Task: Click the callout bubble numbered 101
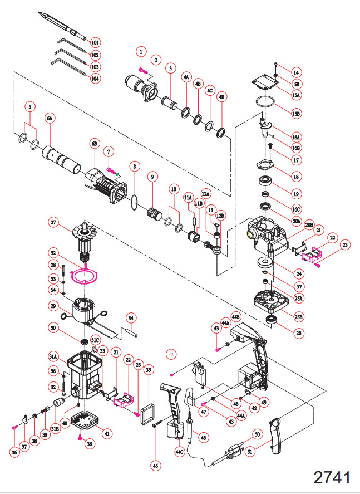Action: [95, 42]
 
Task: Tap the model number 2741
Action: [332, 477]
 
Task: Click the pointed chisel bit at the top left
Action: [62, 26]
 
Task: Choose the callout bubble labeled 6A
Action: [50, 119]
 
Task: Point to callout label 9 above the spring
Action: [151, 177]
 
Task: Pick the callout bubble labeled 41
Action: [107, 433]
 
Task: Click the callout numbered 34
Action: [131, 318]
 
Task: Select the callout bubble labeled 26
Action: [299, 334]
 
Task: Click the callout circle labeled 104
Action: [95, 78]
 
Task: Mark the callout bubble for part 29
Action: [53, 306]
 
